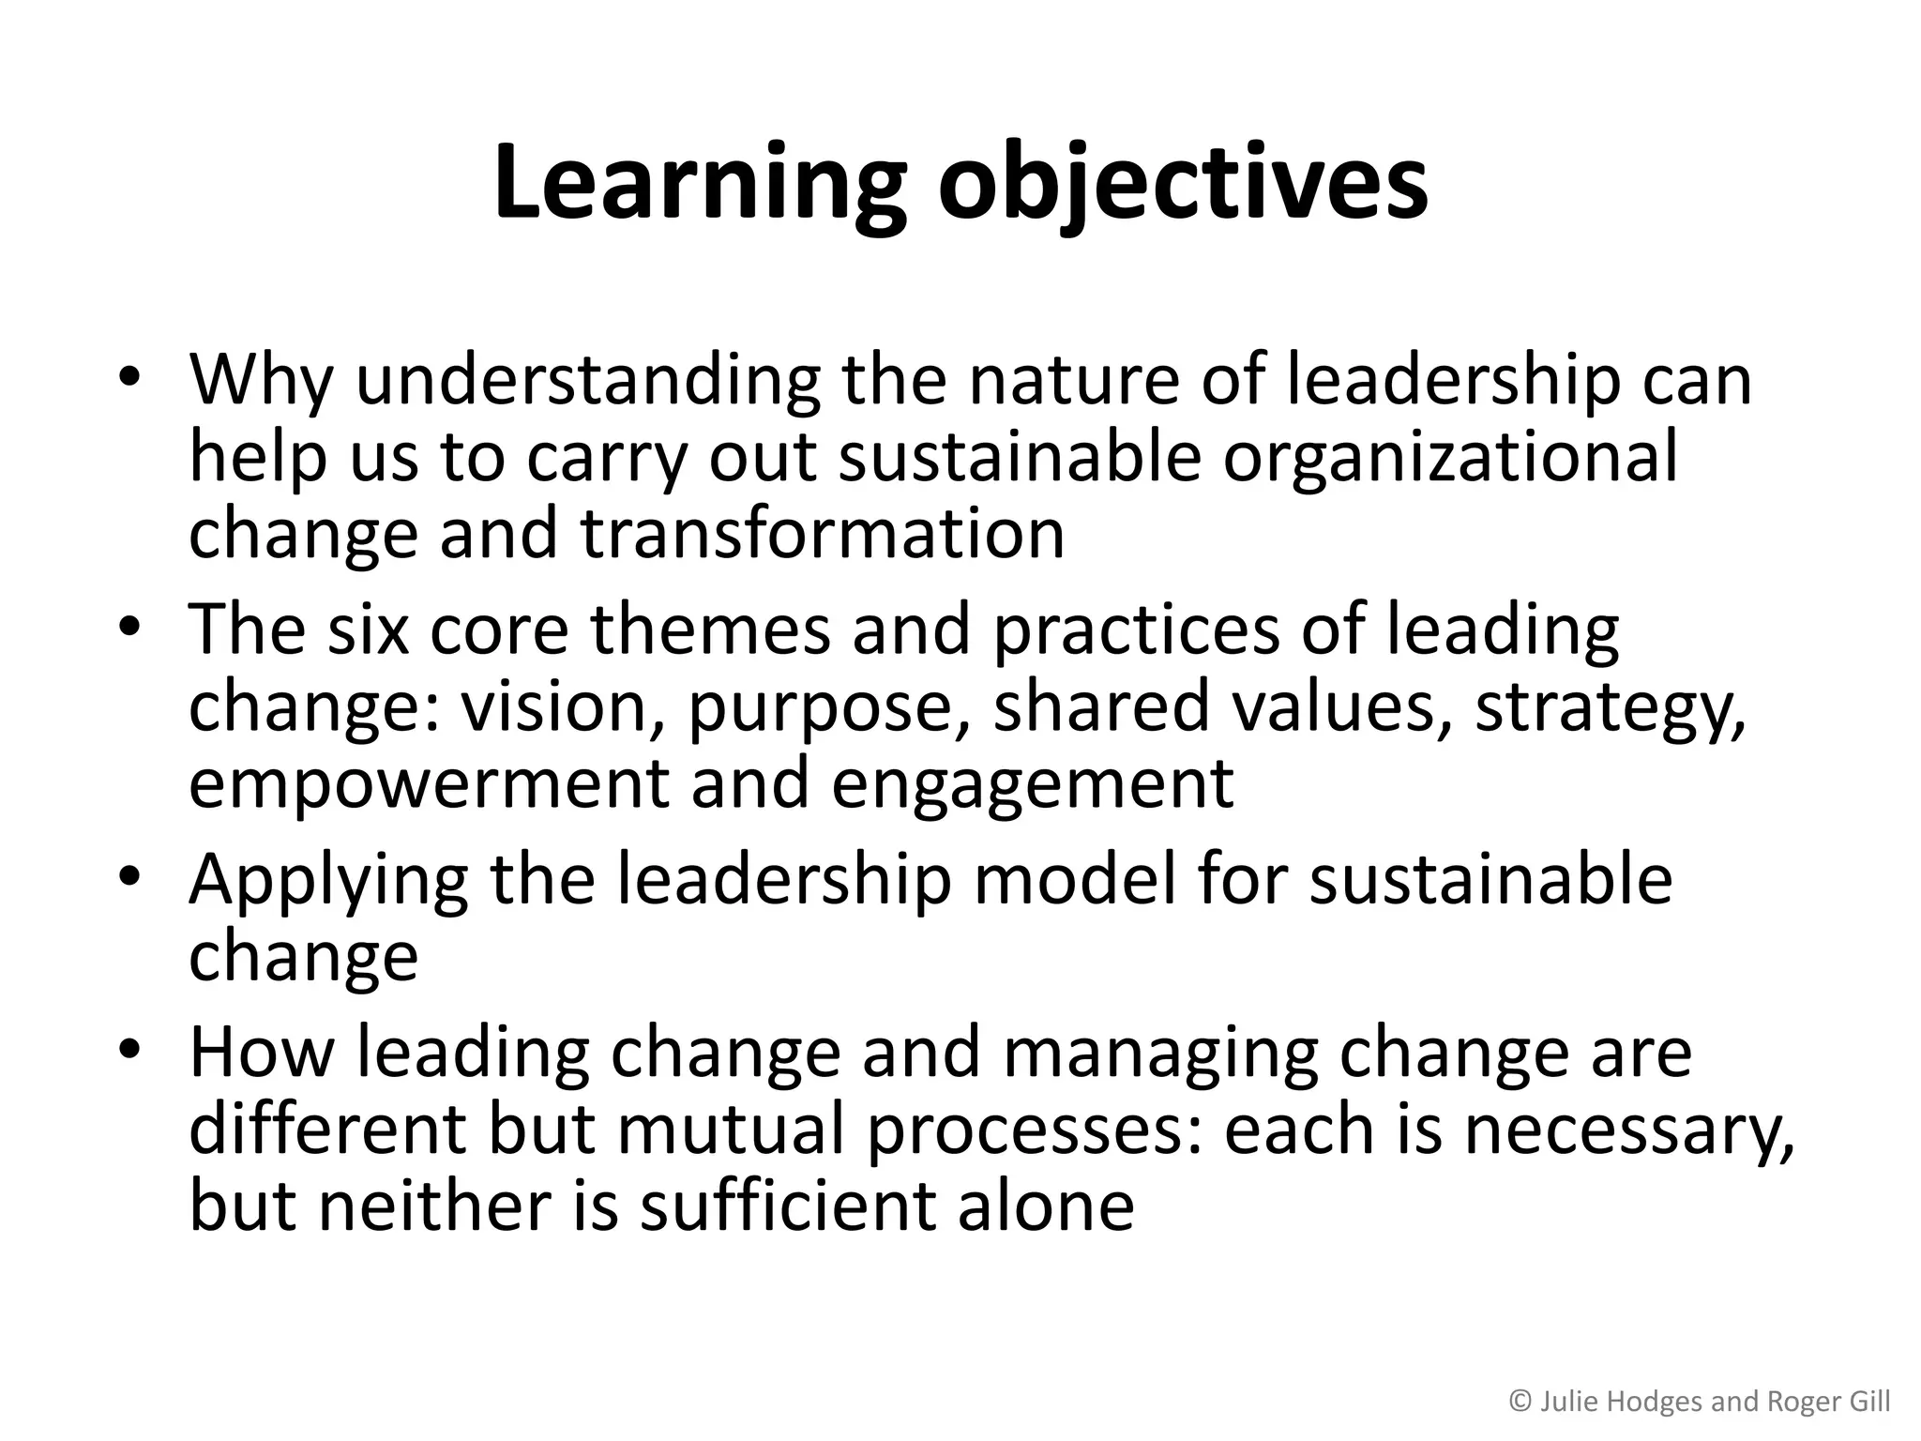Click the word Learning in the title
pyautogui.click(x=700, y=183)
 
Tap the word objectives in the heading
pyautogui.click(x=1183, y=183)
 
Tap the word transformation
pyautogui.click(x=823, y=533)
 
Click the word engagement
pyautogui.click(x=1032, y=786)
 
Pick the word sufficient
pyautogui.click(x=789, y=1205)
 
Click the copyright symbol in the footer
pyautogui.click(x=1520, y=1402)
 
